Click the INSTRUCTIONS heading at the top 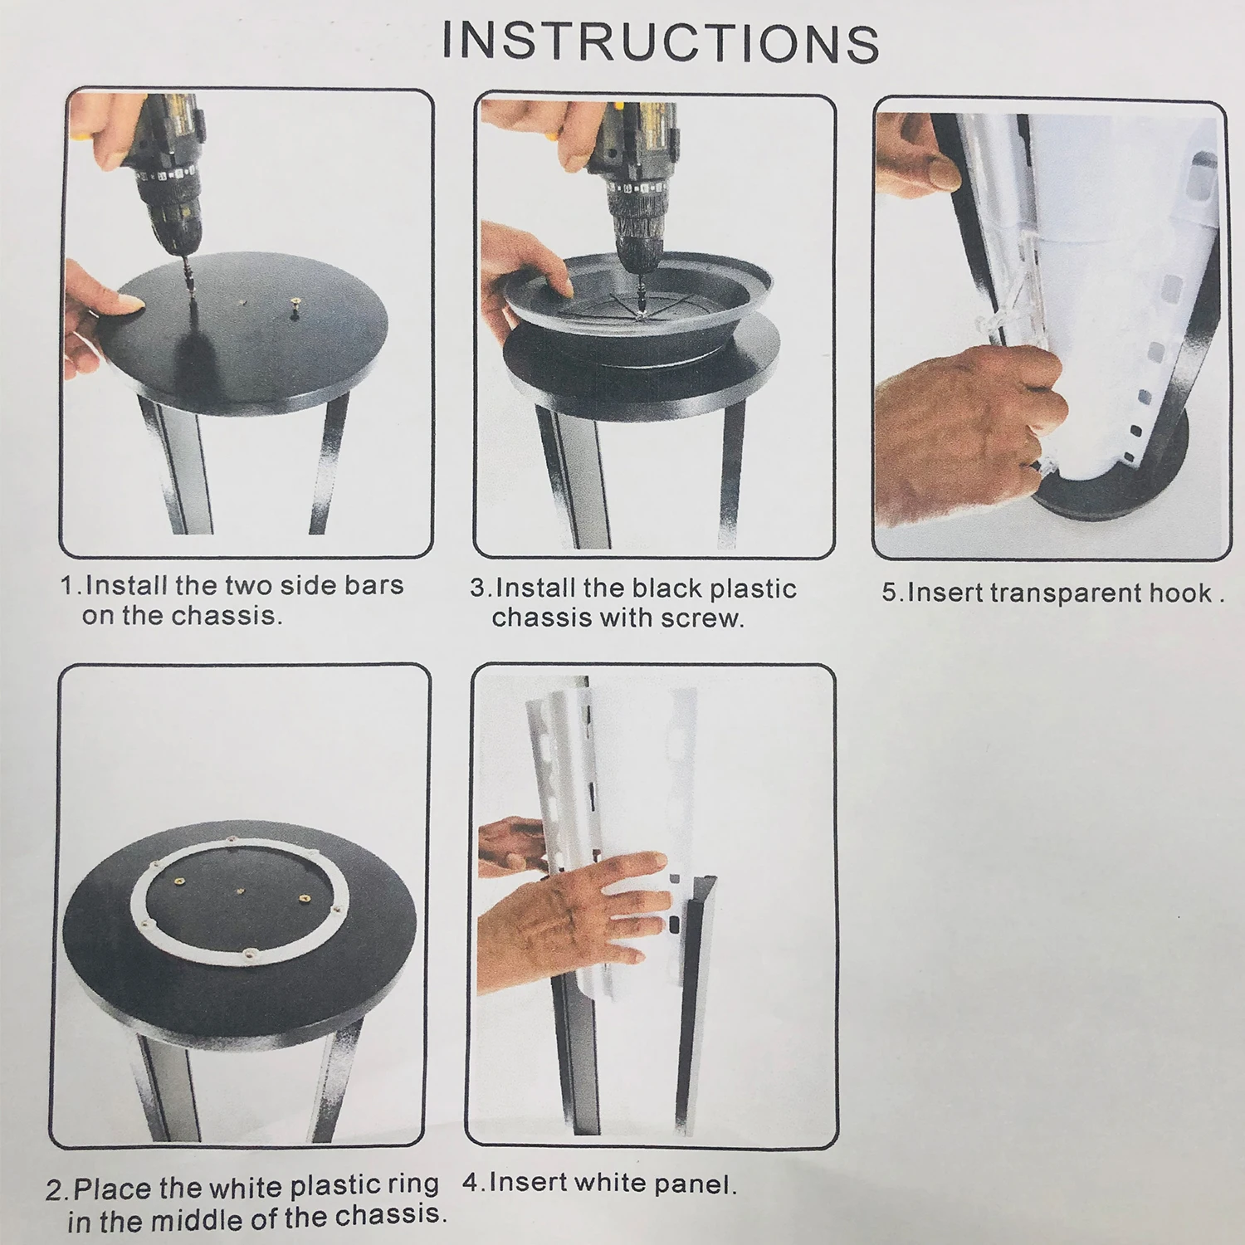[661, 41]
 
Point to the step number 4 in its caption [470, 1182]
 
